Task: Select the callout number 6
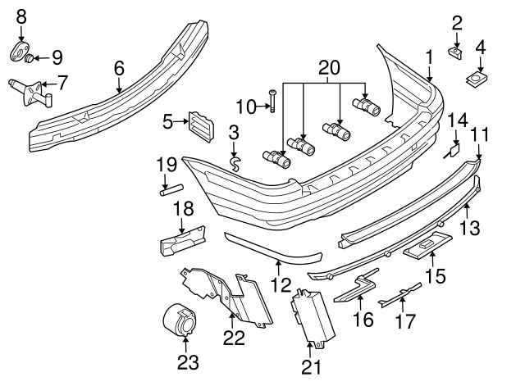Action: click(119, 68)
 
